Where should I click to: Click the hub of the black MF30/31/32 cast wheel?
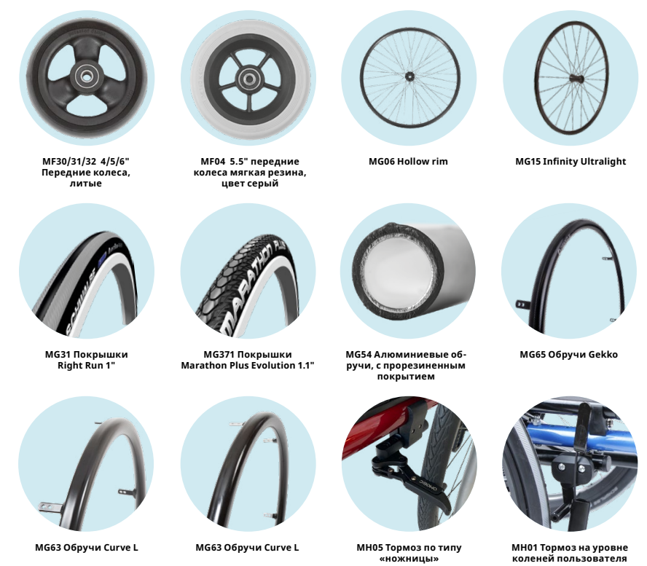[87, 74]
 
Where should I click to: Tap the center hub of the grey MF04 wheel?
[248, 76]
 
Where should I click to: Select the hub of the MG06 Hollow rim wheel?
[408, 74]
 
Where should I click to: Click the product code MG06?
[383, 161]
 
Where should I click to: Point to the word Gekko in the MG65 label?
[602, 355]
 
